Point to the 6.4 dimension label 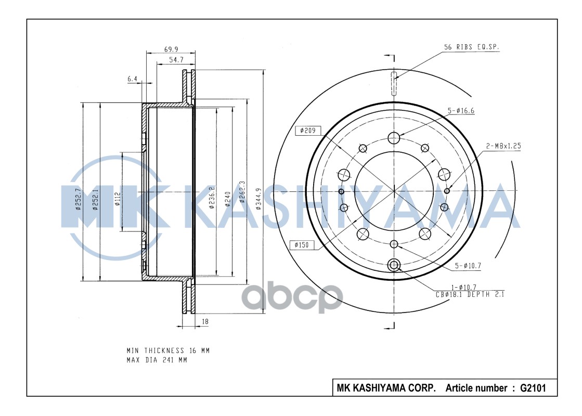click(x=132, y=79)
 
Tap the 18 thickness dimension click(x=204, y=322)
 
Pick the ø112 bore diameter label click(x=118, y=198)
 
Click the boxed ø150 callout click(x=303, y=244)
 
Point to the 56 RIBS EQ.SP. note click(x=471, y=47)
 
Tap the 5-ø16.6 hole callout click(x=461, y=111)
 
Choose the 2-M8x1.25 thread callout click(x=503, y=146)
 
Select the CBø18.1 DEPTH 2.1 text click(x=470, y=294)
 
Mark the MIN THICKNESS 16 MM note click(x=168, y=350)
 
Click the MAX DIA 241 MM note click(x=156, y=360)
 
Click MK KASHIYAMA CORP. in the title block click(x=386, y=388)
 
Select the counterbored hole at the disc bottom click(x=394, y=266)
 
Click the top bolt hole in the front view click(x=394, y=138)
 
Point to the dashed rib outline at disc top click(x=394, y=84)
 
